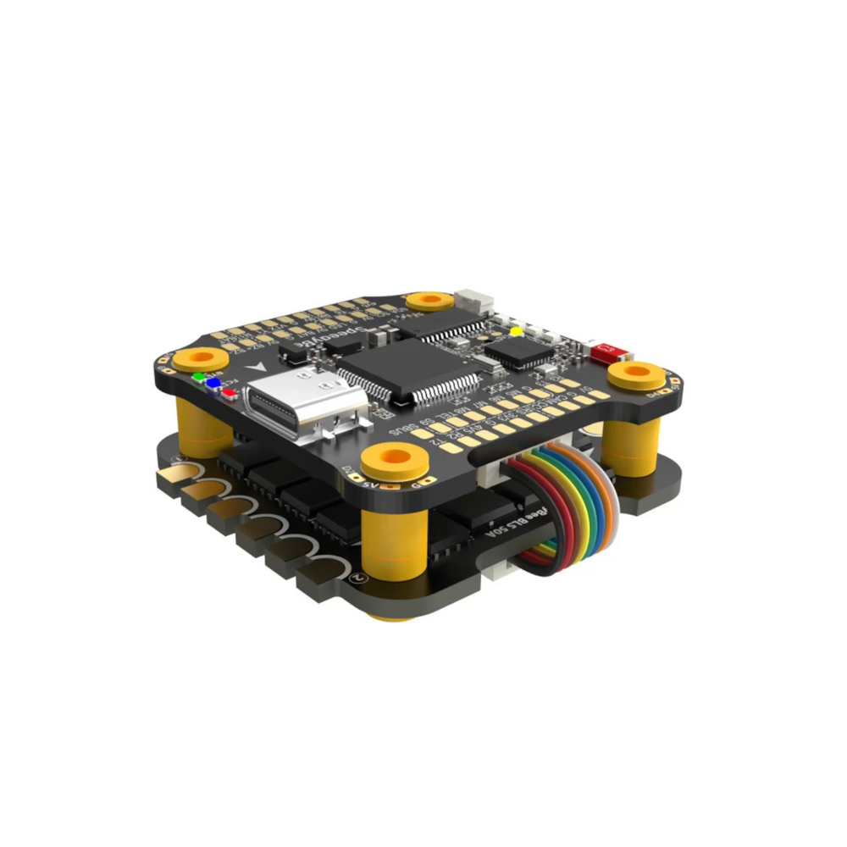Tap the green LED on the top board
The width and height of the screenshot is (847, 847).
tap(198, 376)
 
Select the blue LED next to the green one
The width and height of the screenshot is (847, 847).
tap(212, 383)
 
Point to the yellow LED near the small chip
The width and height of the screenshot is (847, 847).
tap(514, 332)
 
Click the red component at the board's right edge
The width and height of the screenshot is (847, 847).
tap(606, 350)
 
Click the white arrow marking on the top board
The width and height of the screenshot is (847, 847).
tap(256, 370)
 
